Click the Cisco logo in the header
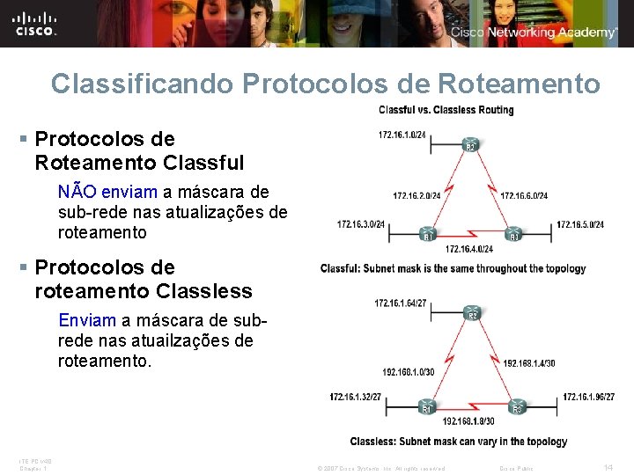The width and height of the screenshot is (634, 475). point(35,23)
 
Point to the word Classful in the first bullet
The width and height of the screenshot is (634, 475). point(203,163)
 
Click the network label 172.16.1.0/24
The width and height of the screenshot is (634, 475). point(402,135)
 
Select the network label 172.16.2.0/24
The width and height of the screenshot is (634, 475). point(417,195)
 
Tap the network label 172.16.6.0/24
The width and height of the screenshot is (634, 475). point(524,195)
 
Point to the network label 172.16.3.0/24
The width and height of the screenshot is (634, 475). point(361,224)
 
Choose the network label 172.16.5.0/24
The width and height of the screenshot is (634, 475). point(580,224)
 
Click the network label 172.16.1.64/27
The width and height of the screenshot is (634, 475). point(401,303)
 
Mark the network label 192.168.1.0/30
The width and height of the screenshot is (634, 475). point(409,372)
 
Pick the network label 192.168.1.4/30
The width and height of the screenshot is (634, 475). point(529,362)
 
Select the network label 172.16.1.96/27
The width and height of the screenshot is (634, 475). point(587,397)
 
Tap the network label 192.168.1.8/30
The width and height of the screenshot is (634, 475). point(468,421)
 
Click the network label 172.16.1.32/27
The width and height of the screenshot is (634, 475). point(356,397)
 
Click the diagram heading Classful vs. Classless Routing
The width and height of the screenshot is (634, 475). point(446,110)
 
